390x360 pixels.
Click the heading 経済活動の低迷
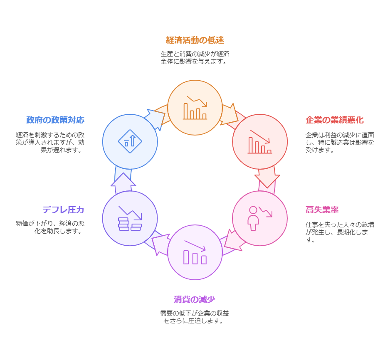click(x=195, y=40)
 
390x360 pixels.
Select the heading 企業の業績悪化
click(x=334, y=120)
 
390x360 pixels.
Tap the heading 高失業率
click(x=322, y=210)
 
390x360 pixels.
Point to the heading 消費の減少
click(x=194, y=299)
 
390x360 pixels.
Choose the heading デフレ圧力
click(x=63, y=210)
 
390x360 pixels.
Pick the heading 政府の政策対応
click(x=55, y=120)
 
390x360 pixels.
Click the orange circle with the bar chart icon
click(x=195, y=108)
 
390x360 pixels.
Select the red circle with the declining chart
click(x=260, y=142)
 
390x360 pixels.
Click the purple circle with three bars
click(x=195, y=252)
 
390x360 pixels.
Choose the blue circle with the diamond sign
click(x=130, y=142)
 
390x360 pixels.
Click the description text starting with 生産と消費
click(x=195, y=57)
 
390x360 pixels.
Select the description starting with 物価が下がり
click(x=50, y=227)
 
